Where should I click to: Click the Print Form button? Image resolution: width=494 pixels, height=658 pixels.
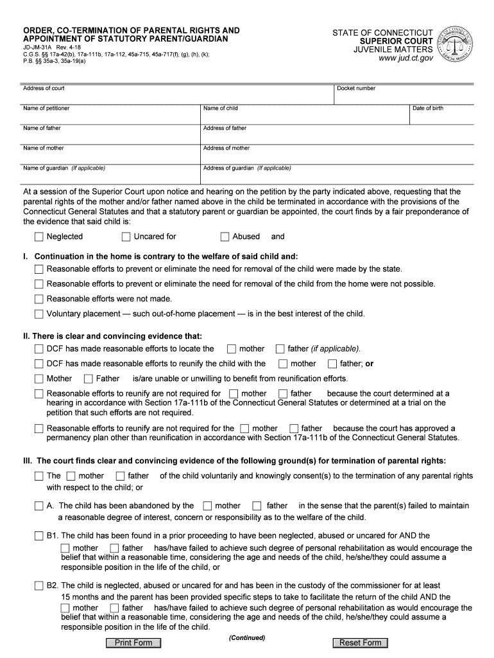pos(133,643)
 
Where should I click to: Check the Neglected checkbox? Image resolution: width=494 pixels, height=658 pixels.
pos(39,236)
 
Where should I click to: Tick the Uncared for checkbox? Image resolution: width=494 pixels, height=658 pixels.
pos(126,236)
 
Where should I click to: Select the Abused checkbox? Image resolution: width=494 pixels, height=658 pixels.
pos(225,236)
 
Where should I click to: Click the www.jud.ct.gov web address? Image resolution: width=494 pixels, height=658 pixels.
pos(405,58)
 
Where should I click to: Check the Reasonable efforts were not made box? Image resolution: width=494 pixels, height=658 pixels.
pos(39,299)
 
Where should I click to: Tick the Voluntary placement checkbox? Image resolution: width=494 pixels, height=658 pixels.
pos(39,314)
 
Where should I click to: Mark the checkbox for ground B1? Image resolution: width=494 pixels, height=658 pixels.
pos(39,535)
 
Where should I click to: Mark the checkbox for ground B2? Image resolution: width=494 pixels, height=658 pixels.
pos(39,586)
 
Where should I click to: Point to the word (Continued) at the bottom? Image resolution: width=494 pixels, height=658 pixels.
pos(246,638)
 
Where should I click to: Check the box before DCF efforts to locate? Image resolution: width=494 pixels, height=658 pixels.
pos(39,349)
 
